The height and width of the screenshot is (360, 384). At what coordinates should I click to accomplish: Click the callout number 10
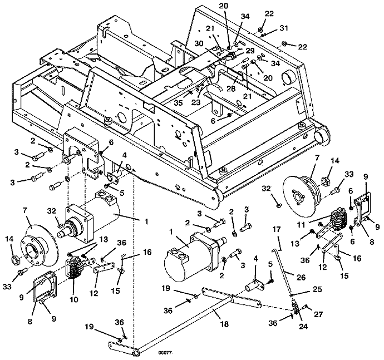click(74, 299)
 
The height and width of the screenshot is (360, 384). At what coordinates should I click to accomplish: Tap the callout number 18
click(224, 324)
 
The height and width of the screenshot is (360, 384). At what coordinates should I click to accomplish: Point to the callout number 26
click(301, 277)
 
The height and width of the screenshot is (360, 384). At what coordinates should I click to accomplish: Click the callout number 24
click(303, 326)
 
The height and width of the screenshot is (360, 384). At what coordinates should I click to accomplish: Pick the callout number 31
click(284, 28)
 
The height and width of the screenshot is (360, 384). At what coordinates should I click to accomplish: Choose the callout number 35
click(178, 102)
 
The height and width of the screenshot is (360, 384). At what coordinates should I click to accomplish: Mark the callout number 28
click(231, 88)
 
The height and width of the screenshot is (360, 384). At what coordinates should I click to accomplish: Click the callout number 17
click(277, 229)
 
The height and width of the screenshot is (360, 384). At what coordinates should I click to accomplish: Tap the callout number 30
click(199, 43)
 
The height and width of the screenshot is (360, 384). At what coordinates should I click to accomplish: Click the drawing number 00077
click(165, 353)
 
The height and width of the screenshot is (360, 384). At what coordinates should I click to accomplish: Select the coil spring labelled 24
click(296, 309)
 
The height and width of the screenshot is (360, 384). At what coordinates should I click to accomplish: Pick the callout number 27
click(319, 314)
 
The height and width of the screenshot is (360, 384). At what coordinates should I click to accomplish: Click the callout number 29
click(250, 51)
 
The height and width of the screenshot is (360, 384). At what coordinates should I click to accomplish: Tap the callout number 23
click(196, 102)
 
